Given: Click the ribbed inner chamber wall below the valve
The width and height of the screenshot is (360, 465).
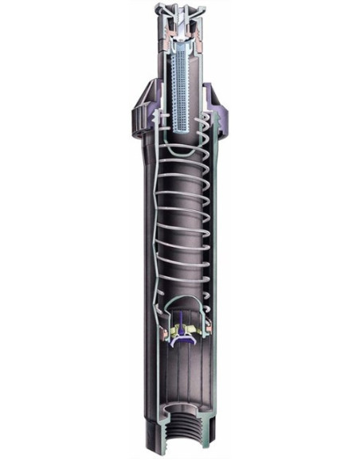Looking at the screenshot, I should coord(185,382).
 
